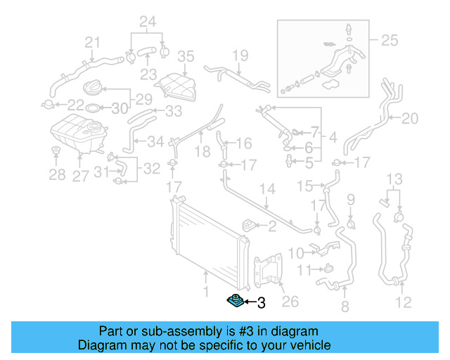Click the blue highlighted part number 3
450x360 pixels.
[x=235, y=302]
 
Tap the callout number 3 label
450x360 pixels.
[x=261, y=303]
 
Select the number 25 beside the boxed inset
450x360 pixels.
[x=388, y=41]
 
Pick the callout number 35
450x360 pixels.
[x=185, y=56]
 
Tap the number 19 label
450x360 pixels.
[x=240, y=55]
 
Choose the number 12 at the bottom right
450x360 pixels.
[x=403, y=304]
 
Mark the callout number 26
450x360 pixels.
[x=290, y=302]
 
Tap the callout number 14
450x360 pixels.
[x=267, y=190]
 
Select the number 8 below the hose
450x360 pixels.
[x=344, y=307]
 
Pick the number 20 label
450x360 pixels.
[x=409, y=117]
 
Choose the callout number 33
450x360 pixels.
[x=173, y=111]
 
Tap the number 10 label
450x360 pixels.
[x=296, y=251]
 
